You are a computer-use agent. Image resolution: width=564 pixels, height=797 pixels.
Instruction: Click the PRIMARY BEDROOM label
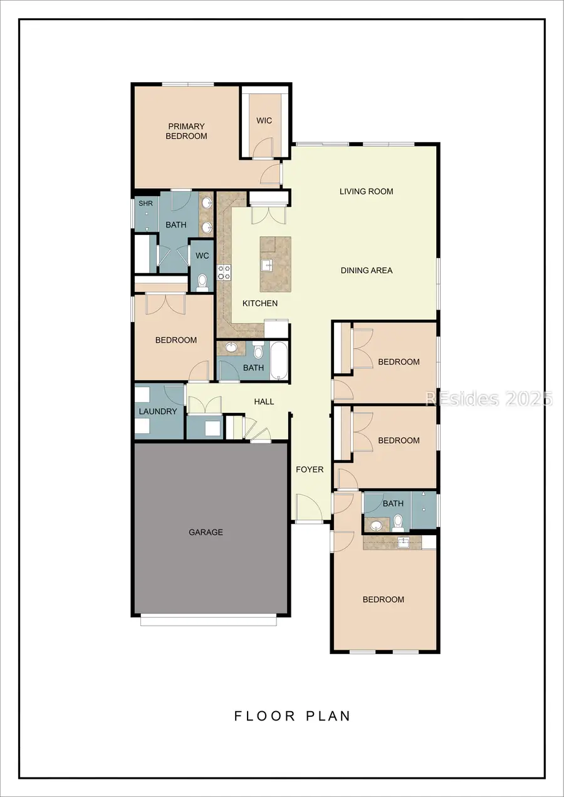[186, 131]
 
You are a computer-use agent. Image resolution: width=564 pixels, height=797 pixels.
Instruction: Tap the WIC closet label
[264, 120]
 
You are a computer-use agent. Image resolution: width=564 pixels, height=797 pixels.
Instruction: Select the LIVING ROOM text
[366, 191]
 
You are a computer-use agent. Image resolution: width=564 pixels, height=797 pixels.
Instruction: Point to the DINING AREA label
[367, 270]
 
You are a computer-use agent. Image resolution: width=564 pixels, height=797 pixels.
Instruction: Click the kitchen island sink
[266, 263]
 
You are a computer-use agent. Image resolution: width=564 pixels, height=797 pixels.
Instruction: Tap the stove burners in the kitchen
[224, 272]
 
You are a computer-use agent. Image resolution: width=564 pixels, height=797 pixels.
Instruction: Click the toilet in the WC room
[202, 285]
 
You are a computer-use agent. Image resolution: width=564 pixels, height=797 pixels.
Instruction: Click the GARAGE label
[206, 532]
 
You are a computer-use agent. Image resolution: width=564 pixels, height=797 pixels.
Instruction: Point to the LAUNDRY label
[158, 411]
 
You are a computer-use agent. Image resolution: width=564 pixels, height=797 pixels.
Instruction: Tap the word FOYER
[310, 469]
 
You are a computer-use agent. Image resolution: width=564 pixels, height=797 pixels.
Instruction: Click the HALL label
[264, 401]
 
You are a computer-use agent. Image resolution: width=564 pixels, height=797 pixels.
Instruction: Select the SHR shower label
[145, 204]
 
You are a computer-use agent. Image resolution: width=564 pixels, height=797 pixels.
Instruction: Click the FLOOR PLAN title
[293, 716]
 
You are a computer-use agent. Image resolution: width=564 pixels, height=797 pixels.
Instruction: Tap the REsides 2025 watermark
[489, 398]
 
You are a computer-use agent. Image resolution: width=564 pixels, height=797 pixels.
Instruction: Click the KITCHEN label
[260, 303]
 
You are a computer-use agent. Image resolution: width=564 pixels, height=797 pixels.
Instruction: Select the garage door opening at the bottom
[208, 620]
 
